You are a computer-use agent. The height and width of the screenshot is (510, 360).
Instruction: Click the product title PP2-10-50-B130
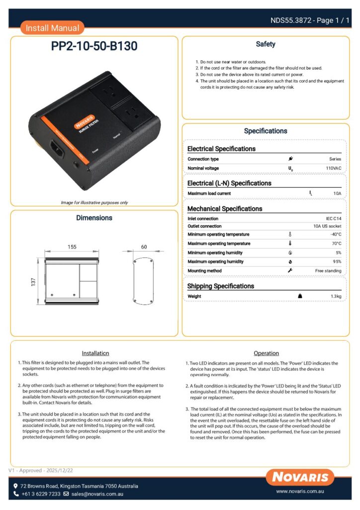(94, 47)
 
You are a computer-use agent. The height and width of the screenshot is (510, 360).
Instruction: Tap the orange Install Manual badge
(52, 28)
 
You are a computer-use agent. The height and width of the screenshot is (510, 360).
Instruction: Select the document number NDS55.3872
(290, 20)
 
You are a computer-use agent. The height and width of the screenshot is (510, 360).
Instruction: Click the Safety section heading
(266, 44)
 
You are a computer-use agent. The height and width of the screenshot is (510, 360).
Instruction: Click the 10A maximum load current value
(337, 193)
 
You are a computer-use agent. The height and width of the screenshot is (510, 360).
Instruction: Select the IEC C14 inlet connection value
(332, 219)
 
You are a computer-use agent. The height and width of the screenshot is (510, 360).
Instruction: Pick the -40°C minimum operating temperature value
(336, 235)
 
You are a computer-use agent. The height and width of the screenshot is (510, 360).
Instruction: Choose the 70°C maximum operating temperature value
(336, 244)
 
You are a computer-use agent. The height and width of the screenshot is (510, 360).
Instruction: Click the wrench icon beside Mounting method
(290, 270)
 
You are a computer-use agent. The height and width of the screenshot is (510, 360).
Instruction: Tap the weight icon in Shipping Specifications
(300, 296)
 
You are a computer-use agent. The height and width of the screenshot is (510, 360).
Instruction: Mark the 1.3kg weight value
(336, 296)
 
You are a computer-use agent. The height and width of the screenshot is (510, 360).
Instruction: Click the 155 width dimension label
(72, 247)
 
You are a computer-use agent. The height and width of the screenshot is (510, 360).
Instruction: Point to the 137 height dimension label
(33, 282)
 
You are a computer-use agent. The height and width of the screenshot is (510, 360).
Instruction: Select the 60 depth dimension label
(144, 247)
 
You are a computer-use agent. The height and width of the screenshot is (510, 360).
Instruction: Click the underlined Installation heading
(95, 353)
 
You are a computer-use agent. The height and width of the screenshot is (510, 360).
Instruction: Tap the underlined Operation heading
(266, 353)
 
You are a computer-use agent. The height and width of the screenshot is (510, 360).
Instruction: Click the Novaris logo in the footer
(300, 477)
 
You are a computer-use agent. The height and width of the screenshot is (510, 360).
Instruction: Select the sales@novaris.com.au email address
(97, 494)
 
